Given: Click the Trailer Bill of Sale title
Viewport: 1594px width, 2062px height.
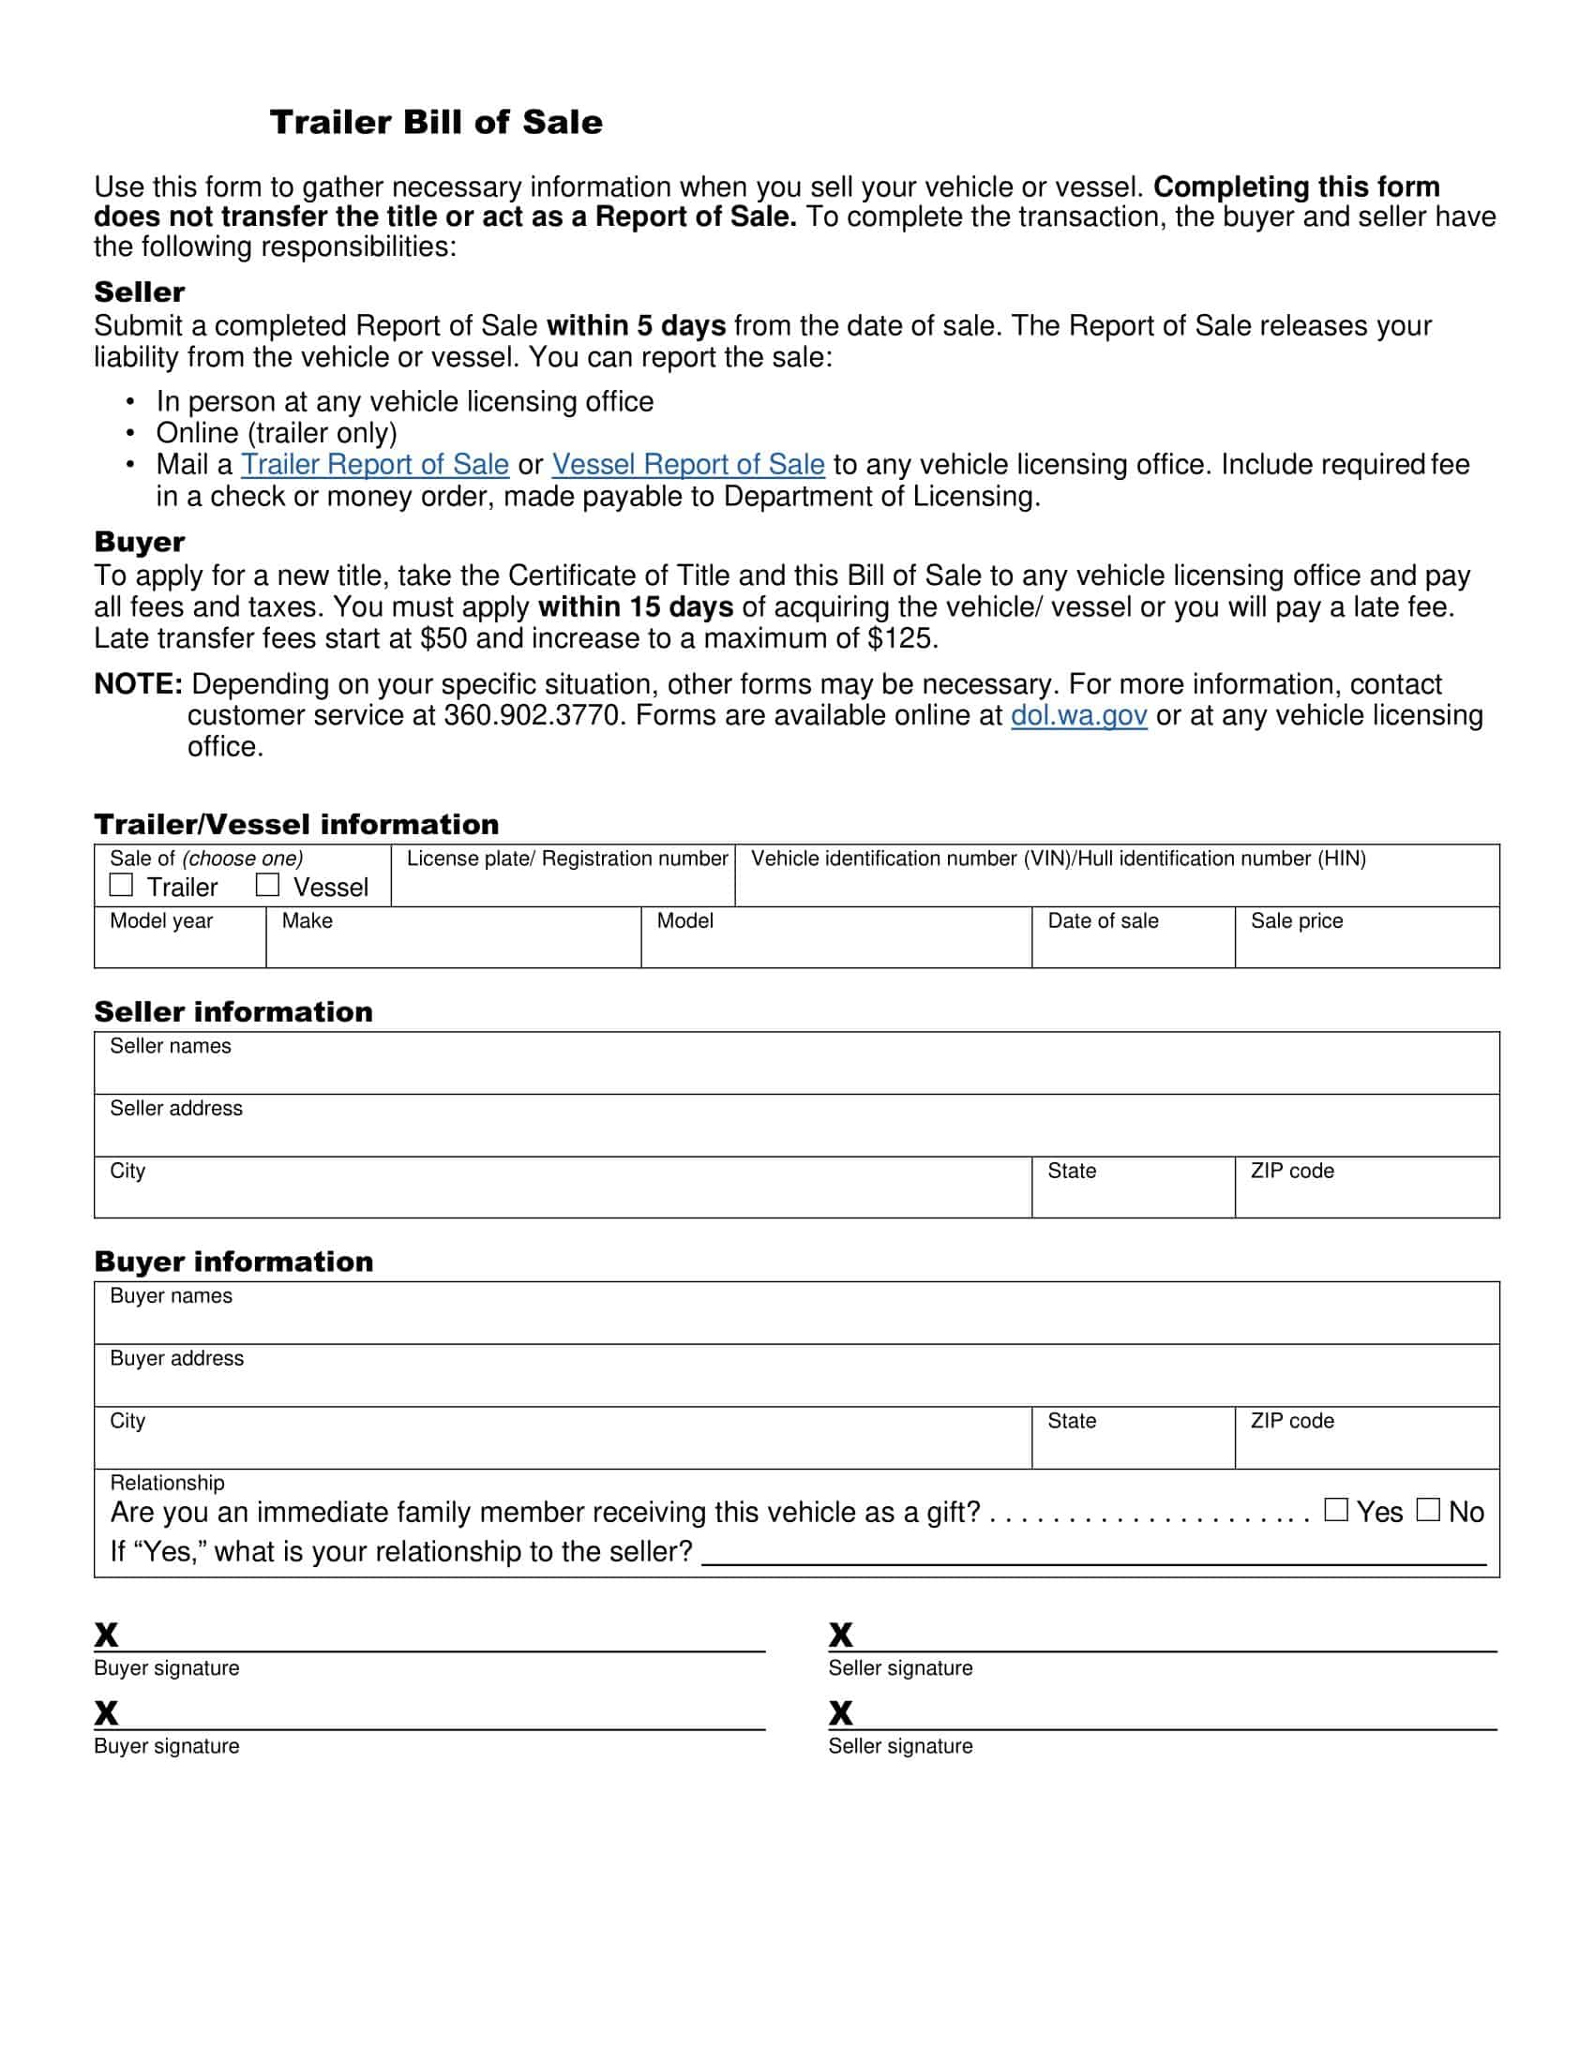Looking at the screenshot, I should pyautogui.click(x=435, y=123).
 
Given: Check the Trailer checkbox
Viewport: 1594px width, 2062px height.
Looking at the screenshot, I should pyautogui.click(x=121, y=885).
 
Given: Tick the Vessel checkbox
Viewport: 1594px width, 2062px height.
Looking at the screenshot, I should pyautogui.click(x=268, y=885).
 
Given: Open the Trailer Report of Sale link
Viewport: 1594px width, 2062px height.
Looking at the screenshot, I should pyautogui.click(x=375, y=465).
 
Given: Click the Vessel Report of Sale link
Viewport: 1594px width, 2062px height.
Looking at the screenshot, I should pyautogui.click(x=688, y=465).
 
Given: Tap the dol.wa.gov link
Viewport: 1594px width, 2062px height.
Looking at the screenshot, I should pyautogui.click(x=1078, y=716).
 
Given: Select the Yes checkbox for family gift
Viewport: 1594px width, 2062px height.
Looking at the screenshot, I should pyautogui.click(x=1335, y=1510).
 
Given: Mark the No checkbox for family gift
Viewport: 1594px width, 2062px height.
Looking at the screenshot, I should pyautogui.click(x=1428, y=1510).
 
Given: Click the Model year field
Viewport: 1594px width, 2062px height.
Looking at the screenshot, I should pyautogui.click(x=179, y=947).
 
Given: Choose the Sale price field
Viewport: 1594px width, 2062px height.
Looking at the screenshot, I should pyautogui.click(x=1366, y=947).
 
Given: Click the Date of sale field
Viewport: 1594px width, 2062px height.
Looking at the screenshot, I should pyautogui.click(x=1134, y=947).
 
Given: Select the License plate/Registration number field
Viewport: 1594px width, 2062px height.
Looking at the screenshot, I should pyautogui.click(x=563, y=886).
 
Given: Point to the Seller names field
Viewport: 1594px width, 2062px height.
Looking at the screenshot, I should pyautogui.click(x=796, y=1071).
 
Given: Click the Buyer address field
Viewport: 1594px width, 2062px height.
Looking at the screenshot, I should pyautogui.click(x=796, y=1384).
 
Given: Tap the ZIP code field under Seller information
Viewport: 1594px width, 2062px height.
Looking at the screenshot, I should pyautogui.click(x=1366, y=1196).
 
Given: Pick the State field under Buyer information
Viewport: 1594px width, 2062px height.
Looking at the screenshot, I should pyautogui.click(x=1134, y=1446).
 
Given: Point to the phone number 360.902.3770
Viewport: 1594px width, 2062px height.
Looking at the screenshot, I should pyautogui.click(x=534, y=716).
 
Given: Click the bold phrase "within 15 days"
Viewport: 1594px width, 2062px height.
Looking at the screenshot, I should pyautogui.click(x=636, y=607).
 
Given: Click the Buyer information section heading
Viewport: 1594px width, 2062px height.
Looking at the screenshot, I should pyautogui.click(x=233, y=1263).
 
